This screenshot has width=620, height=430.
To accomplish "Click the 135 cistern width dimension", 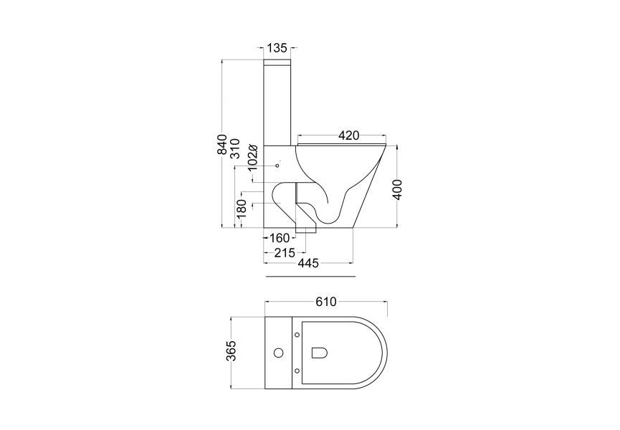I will click(277, 48).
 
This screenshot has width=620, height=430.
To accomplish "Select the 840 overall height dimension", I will click(222, 145).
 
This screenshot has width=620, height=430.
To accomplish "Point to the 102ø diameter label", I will click(252, 156).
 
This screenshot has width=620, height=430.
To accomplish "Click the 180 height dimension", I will click(242, 208).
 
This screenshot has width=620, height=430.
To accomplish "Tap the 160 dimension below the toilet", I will click(279, 238).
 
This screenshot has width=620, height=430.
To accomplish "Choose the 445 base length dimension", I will click(308, 264).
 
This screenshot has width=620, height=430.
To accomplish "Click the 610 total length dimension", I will click(326, 302).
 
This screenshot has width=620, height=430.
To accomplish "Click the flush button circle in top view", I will click(278, 353).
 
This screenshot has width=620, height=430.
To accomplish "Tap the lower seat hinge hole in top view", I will click(297, 371).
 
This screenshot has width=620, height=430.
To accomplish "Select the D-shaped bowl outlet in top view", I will click(320, 353).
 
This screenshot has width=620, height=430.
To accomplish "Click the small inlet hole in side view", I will click(277, 167).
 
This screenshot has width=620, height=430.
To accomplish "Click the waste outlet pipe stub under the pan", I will click(307, 229).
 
